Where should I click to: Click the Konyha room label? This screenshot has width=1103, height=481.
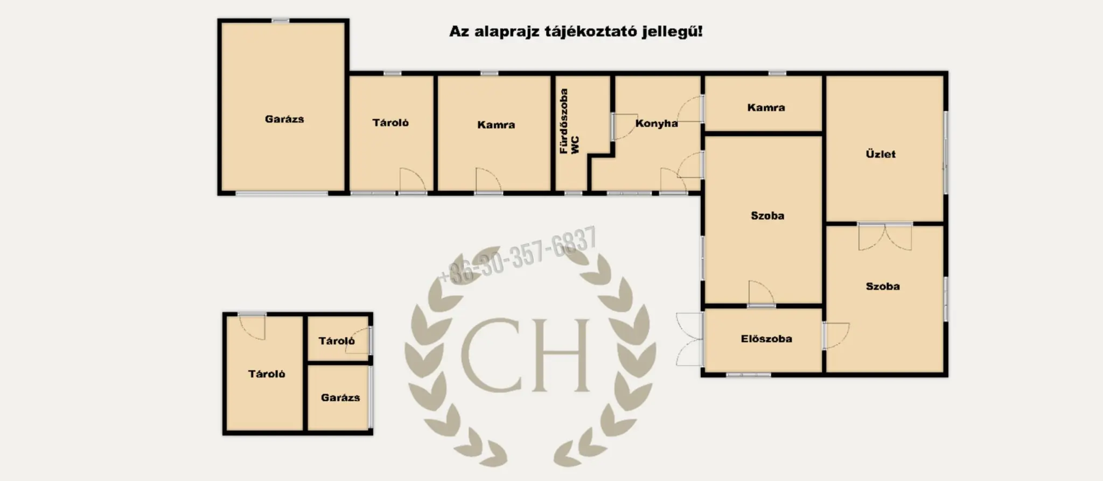[x=656, y=123]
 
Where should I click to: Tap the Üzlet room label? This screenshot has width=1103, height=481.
[x=881, y=154]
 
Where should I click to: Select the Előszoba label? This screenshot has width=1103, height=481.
[x=766, y=339]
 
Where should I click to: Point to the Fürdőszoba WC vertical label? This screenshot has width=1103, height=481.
[x=569, y=122]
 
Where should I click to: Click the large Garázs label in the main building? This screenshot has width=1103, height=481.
[x=284, y=119]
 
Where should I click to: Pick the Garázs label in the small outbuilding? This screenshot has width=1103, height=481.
[x=340, y=398]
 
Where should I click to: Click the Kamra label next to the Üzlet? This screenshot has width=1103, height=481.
[x=766, y=108]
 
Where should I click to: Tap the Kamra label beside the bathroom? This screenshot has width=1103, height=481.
[x=496, y=125]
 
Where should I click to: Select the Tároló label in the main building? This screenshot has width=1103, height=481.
[x=390, y=123]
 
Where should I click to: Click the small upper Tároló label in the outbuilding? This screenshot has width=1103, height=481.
[x=337, y=341]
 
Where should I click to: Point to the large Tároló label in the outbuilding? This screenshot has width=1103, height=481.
[x=267, y=374]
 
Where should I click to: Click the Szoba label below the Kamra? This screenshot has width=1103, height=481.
[x=767, y=216]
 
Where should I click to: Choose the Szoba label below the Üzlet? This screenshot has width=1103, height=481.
[x=883, y=287]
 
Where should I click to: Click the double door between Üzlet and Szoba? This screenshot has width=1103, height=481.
[x=885, y=236]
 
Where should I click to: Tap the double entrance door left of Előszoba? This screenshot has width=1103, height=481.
[x=690, y=339]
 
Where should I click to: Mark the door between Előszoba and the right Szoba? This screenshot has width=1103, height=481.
[x=835, y=335]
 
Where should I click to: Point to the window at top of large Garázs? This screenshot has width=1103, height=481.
[x=280, y=21]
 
